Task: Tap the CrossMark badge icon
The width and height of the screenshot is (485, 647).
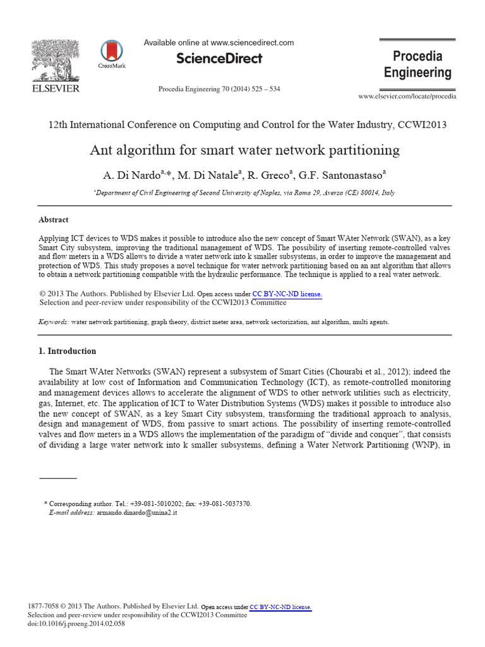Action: coord(111,52)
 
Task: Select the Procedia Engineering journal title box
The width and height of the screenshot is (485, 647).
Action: coord(417,64)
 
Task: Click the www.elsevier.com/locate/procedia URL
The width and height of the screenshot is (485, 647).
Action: coord(407,96)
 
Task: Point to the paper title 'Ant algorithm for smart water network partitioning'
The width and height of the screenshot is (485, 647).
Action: coord(244,150)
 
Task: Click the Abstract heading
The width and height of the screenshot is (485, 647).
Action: coord(54,220)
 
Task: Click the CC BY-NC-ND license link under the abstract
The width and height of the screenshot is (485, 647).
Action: coord(287,294)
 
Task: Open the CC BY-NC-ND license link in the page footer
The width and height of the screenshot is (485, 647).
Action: coord(280,607)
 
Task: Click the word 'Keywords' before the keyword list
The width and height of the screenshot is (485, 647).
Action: coord(53,322)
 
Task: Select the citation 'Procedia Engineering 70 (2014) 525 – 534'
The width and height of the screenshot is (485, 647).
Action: coord(219,89)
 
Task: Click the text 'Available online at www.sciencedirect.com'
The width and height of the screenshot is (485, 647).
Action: coord(219,43)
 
